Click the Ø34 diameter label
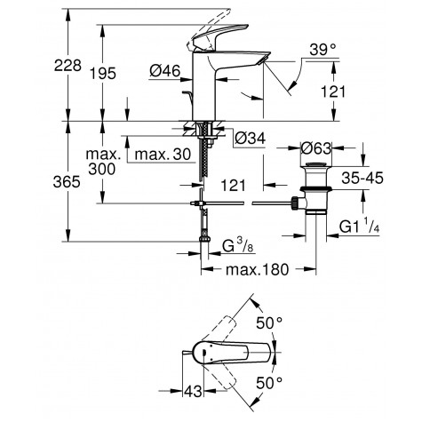pos(251,138)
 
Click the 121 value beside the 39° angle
pos(333,92)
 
